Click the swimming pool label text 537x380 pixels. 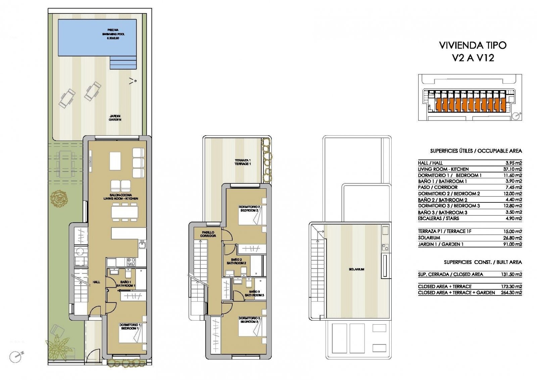pyautogui.click(x=113, y=34)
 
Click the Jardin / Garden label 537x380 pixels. pyautogui.click(x=115, y=117)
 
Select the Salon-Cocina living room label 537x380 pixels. pyautogui.click(x=120, y=197)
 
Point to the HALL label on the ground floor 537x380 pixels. pyautogui.click(x=96, y=282)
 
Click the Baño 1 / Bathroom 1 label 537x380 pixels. pyautogui.click(x=126, y=284)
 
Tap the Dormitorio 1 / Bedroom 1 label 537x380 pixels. pyautogui.click(x=130, y=326)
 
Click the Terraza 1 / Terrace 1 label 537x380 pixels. pyautogui.click(x=242, y=162)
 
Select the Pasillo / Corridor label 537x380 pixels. pyautogui.click(x=208, y=234)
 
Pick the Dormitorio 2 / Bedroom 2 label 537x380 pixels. pyautogui.click(x=249, y=208)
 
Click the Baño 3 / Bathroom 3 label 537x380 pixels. pyautogui.click(x=254, y=293)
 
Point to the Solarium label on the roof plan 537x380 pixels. pyautogui.click(x=356, y=269)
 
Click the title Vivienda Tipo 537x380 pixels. pyautogui.click(x=473, y=45)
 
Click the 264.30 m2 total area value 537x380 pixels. pyautogui.click(x=511, y=293)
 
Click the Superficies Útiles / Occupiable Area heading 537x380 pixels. pyautogui.click(x=476, y=151)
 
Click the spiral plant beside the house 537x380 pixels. pyautogui.click(x=59, y=198)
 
